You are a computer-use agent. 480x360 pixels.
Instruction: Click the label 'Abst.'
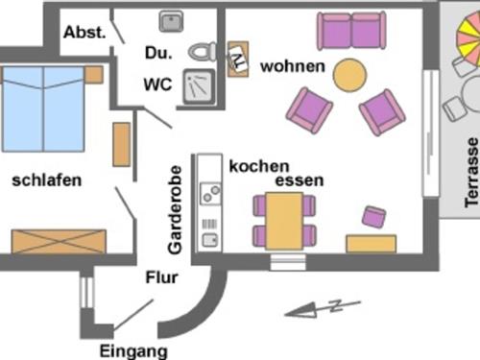[85, 33]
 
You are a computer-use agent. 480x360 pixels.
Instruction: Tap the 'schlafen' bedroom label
[46, 180]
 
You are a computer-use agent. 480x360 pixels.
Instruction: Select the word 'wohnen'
[293, 66]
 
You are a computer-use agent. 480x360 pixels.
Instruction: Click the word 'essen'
[299, 180]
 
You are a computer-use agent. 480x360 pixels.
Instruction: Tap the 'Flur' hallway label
[159, 278]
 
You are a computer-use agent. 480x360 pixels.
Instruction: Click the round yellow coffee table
[349, 75]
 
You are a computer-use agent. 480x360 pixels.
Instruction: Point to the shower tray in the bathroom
[202, 87]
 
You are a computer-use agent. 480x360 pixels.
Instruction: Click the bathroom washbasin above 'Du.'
[172, 20]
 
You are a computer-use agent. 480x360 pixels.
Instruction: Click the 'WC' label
[156, 84]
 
